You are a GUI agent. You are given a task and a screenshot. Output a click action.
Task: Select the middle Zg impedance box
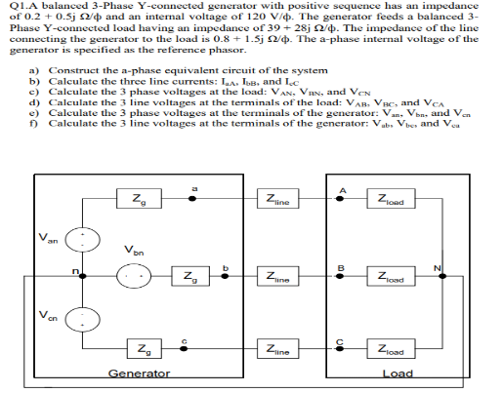pos(186,277)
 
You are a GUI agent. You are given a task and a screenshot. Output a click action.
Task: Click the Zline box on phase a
pos(280,200)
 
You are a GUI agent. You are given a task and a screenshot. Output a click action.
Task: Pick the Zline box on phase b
pos(280,277)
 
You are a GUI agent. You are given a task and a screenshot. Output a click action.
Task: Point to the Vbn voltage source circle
pos(131,276)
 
